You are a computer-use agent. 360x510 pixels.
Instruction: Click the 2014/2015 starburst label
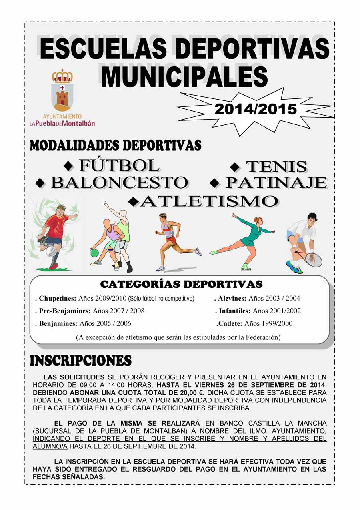256,109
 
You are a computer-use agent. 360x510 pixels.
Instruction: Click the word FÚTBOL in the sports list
119,165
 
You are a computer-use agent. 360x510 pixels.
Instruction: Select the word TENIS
276,167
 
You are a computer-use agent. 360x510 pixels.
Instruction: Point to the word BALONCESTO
119,183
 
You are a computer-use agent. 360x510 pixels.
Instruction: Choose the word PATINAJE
276,183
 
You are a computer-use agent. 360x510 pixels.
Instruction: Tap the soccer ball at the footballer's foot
51,251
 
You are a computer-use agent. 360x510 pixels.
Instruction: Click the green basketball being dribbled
94,253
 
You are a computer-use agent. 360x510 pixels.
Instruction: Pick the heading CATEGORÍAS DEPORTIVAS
181,284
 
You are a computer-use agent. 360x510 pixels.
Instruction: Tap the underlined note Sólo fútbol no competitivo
161,299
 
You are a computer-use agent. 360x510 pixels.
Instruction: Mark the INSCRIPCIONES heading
80,361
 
